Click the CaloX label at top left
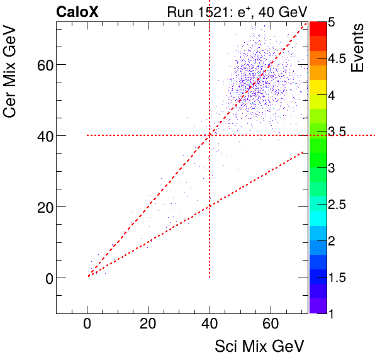(77, 12)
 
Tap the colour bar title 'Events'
(358, 48)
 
